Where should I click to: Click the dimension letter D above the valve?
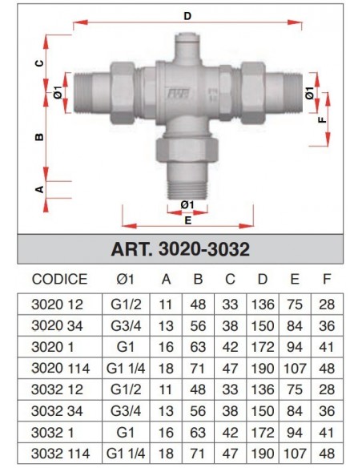(187, 15)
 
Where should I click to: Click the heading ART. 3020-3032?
(180, 249)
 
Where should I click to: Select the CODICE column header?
(59, 280)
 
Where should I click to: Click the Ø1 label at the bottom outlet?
(187, 205)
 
